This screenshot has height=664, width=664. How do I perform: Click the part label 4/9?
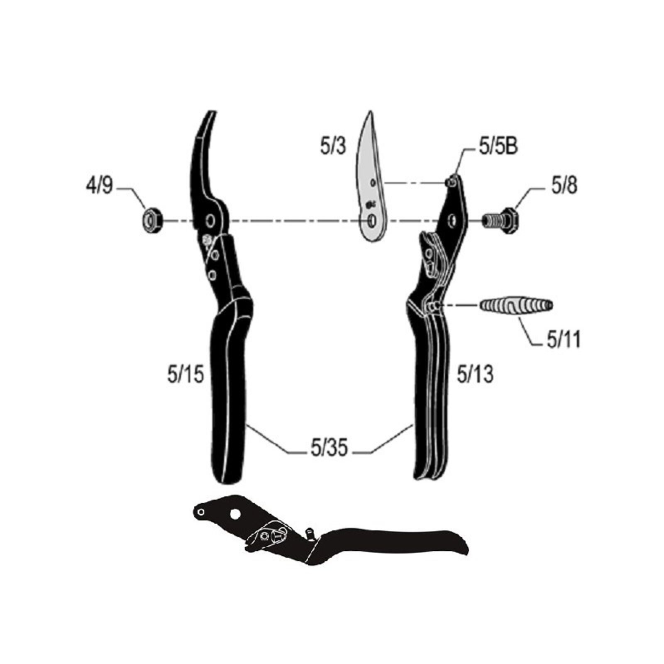tap(99, 186)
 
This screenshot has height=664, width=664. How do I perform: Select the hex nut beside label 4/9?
tap(151, 220)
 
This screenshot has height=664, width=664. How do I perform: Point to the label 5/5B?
tap(499, 147)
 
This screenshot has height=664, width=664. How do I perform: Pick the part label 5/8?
tap(564, 186)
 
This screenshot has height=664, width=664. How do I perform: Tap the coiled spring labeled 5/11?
tap(516, 305)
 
